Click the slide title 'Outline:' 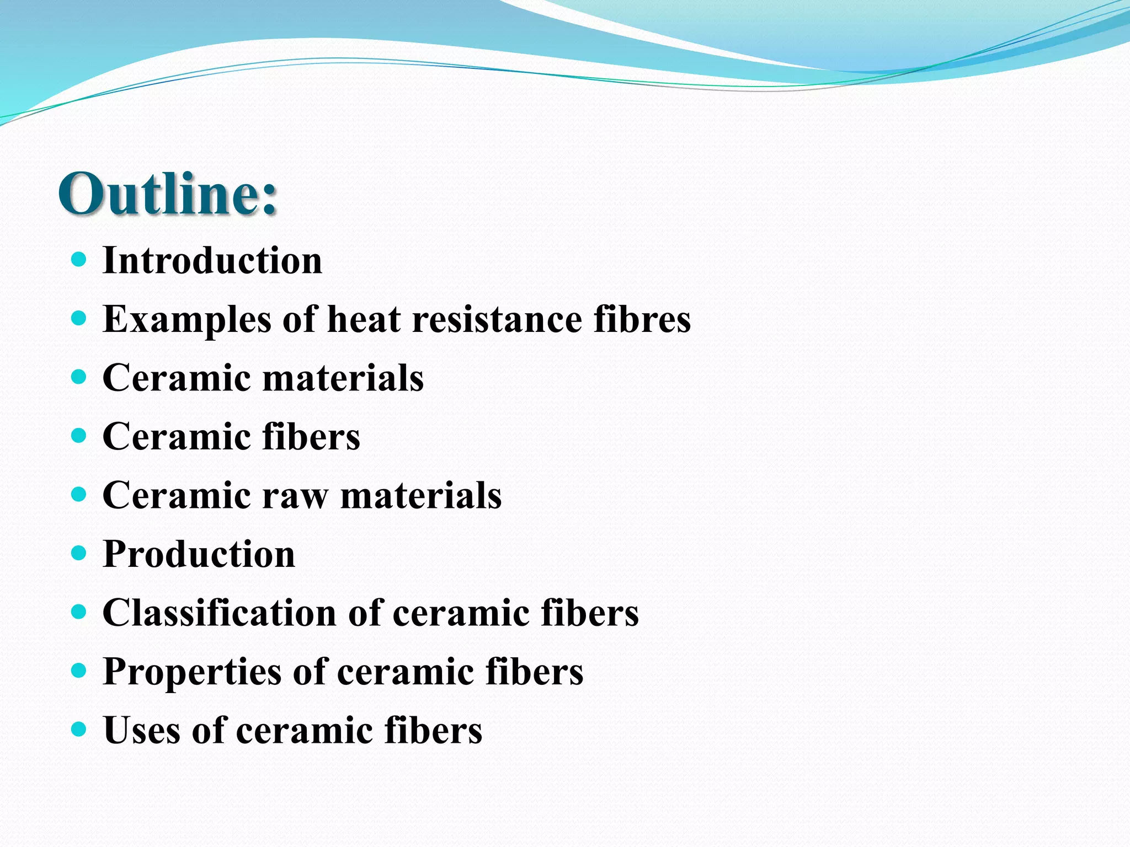point(168,194)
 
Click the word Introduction point(212,260)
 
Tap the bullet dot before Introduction point(79,259)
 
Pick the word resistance point(497,320)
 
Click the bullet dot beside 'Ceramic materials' point(79,377)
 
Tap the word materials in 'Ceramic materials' point(343,378)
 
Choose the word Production point(199,554)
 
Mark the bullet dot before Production point(79,553)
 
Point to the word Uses point(142,730)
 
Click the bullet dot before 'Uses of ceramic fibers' point(79,729)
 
